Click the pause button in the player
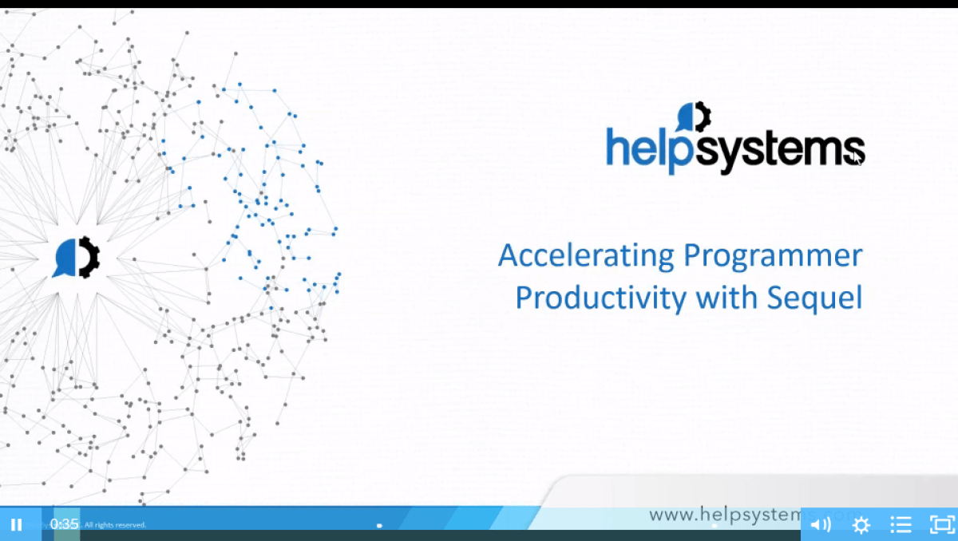(16, 524)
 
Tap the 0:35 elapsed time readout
(65, 524)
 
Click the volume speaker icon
(820, 524)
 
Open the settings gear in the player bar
(861, 524)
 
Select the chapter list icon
(901, 524)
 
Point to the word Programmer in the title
(774, 256)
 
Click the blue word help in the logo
(640, 151)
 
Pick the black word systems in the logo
(770, 151)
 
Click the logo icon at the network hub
(77, 258)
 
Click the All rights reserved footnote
(115, 525)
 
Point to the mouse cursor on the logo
(856, 156)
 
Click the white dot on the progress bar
(379, 525)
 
